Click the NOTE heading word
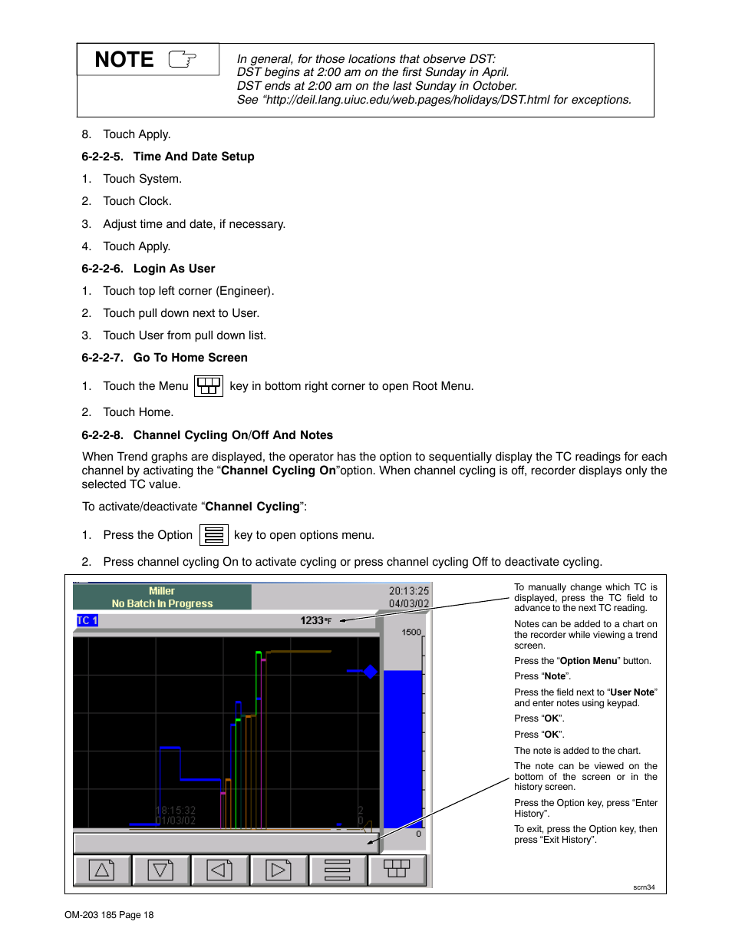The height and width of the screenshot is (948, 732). click(124, 60)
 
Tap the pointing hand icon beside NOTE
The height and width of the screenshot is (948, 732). click(183, 59)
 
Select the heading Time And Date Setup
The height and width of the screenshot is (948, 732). click(193, 157)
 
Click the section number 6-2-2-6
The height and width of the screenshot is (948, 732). click(102, 269)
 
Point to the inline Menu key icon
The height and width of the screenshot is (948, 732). click(209, 386)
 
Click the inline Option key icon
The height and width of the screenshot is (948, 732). click(214, 535)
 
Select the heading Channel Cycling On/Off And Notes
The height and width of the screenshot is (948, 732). click(232, 435)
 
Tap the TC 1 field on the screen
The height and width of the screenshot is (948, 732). click(87, 620)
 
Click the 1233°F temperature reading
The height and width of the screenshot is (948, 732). click(315, 620)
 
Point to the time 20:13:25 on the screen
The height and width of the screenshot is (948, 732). click(408, 591)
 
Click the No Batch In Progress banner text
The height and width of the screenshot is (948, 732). click(162, 604)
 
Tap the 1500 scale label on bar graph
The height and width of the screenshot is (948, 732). click(411, 633)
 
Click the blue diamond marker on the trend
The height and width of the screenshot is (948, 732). click(371, 672)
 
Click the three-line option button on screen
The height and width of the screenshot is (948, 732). click(338, 870)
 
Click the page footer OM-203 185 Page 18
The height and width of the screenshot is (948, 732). click(109, 915)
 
